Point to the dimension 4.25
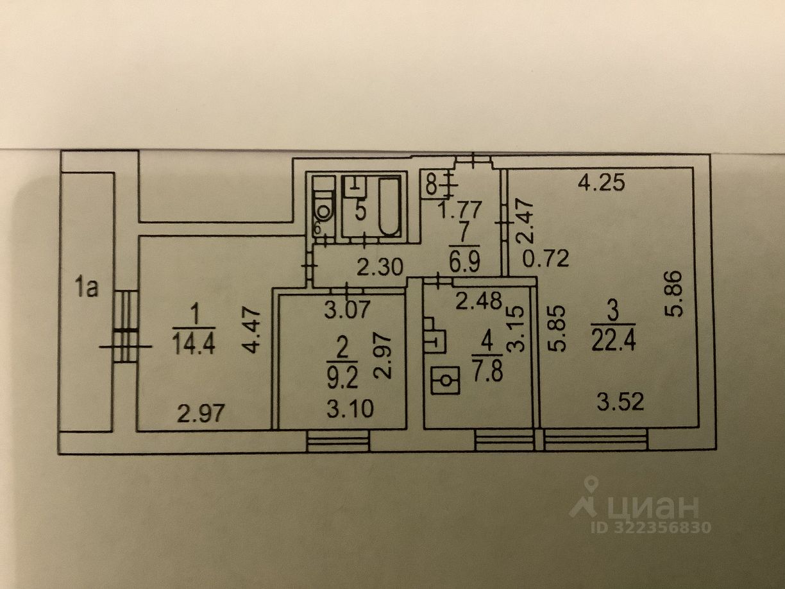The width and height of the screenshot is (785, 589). (600, 184)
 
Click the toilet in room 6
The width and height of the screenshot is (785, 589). (325, 208)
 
